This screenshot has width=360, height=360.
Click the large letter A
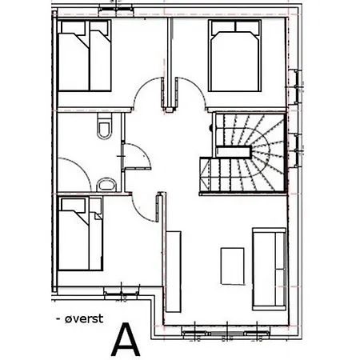pos(126,339)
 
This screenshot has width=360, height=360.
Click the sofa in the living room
pos(269,268)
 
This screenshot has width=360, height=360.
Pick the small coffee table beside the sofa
pos(232,264)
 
